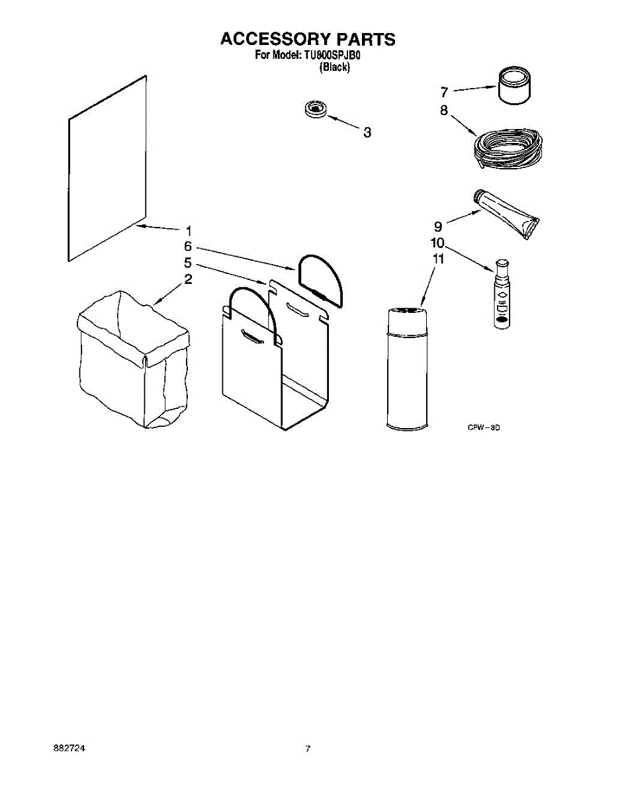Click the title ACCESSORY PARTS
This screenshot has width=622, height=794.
[x=308, y=39]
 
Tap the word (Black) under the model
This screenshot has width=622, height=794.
[x=334, y=67]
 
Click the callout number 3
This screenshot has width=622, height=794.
[x=367, y=132]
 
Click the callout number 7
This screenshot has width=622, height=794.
[x=445, y=91]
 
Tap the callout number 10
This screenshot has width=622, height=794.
[x=438, y=243]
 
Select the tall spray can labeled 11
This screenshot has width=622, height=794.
[x=406, y=369]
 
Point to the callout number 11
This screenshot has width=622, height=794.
[x=437, y=259]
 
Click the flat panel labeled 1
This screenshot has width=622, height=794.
[x=106, y=169]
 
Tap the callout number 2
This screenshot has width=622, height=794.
[x=188, y=279]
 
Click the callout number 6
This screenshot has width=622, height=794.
[x=188, y=246]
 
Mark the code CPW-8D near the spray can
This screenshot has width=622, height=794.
[x=483, y=428]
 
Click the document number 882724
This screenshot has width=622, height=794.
[x=69, y=748]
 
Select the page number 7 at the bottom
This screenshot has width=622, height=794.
[x=308, y=748]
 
